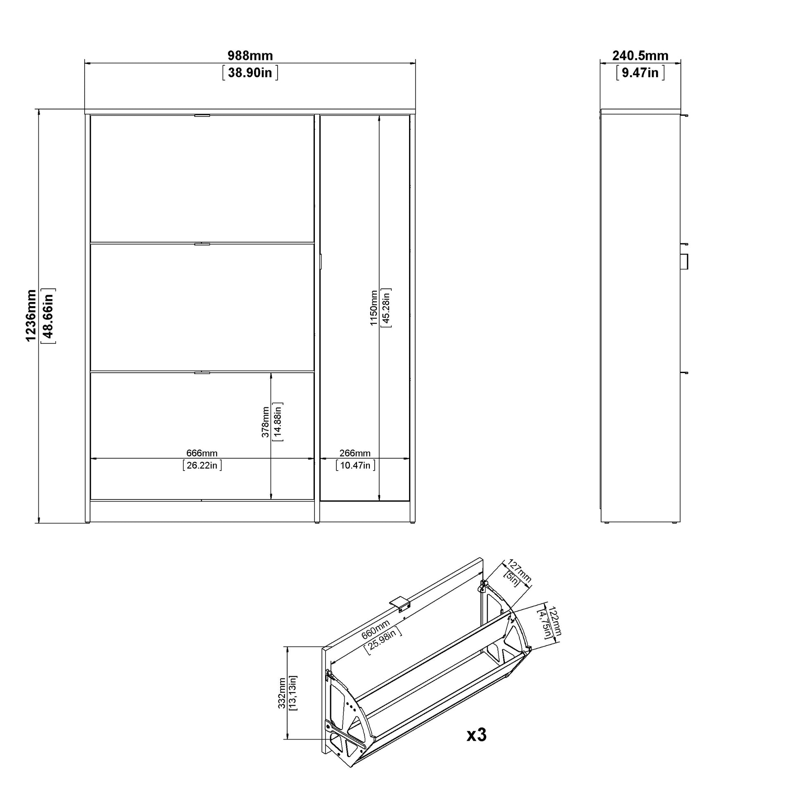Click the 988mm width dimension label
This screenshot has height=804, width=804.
click(250, 55)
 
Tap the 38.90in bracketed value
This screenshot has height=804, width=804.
click(250, 73)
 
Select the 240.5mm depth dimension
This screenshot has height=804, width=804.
click(640, 55)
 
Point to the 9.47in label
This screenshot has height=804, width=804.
click(640, 73)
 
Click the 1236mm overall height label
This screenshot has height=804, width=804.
click(31, 316)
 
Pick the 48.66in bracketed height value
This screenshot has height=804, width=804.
click(48, 316)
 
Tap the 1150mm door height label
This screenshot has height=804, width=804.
click(374, 308)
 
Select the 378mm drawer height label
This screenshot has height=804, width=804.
click(265, 422)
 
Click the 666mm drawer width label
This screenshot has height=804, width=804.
click(202, 453)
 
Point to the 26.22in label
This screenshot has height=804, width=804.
click(202, 465)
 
